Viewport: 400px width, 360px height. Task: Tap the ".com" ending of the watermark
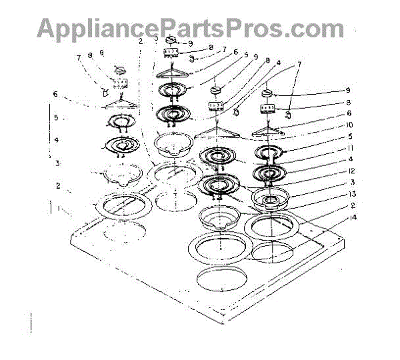click(313, 28)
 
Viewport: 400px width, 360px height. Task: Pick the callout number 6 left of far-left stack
click(56, 93)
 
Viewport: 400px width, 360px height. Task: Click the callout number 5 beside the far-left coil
click(57, 118)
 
